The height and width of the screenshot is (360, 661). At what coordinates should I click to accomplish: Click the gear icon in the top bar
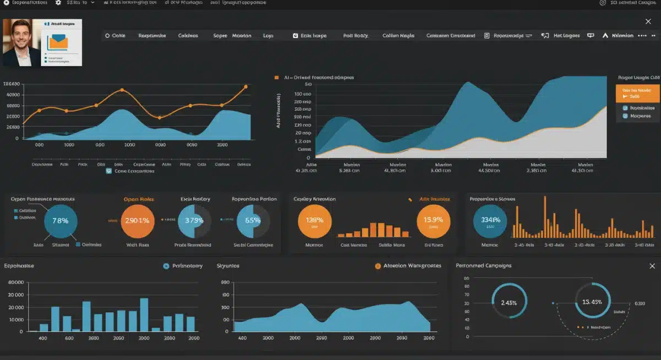click(58, 3)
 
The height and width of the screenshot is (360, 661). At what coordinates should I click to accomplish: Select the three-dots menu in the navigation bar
click(642, 35)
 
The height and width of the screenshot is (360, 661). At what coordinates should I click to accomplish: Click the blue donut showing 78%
click(60, 221)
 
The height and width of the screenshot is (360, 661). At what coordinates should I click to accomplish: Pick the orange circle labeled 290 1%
click(137, 221)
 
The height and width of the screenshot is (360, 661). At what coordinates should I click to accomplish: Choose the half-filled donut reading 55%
click(253, 221)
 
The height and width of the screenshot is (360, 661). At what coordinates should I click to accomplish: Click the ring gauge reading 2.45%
click(509, 302)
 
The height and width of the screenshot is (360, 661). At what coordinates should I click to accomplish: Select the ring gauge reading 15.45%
click(592, 302)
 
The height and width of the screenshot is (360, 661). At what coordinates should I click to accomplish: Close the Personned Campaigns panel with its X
click(652, 266)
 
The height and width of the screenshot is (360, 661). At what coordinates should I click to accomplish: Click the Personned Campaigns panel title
click(484, 266)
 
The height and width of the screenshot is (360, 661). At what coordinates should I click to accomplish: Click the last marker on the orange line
click(246, 86)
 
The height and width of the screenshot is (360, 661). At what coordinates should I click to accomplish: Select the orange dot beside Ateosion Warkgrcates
click(378, 266)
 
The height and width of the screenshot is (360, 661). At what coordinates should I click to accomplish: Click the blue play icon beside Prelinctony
click(166, 266)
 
